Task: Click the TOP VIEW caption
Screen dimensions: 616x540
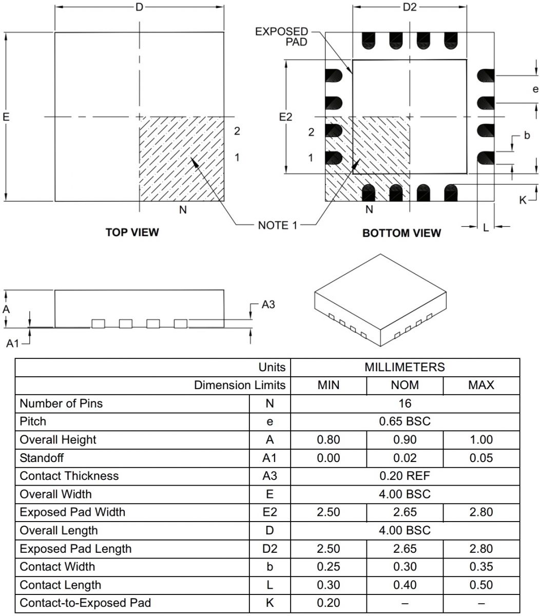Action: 132,232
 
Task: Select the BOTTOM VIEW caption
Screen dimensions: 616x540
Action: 401,233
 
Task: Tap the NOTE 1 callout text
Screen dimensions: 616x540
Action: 277,225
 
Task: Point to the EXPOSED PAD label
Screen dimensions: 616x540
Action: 282,37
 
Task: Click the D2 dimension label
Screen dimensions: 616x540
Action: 409,7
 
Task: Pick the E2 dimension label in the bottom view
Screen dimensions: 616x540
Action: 285,117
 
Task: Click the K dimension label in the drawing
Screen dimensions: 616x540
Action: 523,200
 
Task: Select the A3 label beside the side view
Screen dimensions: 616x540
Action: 268,304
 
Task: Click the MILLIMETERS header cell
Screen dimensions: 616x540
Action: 404,367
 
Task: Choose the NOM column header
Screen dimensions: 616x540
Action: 404,385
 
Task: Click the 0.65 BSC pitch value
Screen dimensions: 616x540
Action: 404,421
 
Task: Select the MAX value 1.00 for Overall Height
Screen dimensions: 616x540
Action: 481,439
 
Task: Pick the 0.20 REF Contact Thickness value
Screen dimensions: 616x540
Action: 404,476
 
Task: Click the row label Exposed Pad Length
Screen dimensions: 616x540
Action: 75,549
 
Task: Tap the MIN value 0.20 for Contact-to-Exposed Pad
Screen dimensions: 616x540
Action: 328,603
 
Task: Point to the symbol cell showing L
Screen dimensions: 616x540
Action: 269,585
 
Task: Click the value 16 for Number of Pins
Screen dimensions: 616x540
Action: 404,403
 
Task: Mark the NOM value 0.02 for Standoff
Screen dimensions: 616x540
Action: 404,458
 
